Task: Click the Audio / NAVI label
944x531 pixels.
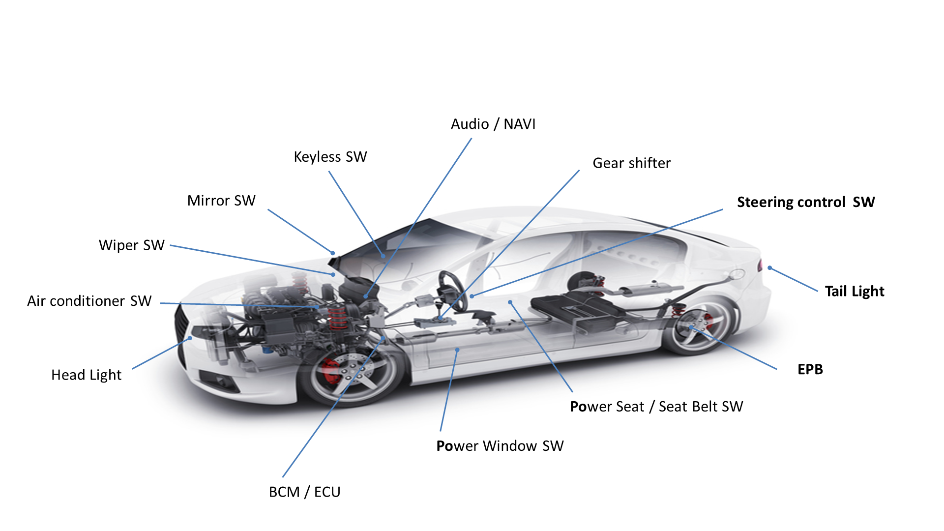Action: pos(493,124)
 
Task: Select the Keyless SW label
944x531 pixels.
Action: pos(330,157)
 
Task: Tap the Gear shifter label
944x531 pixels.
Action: pos(632,163)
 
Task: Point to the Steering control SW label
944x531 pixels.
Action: pos(806,202)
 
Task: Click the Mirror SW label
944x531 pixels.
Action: pos(221,201)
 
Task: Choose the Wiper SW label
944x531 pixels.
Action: pos(132,245)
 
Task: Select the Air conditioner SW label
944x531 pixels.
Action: pos(89,301)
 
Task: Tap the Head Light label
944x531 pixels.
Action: pos(87,375)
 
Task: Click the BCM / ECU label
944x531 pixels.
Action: pos(305,492)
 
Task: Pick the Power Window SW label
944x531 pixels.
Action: pos(500,446)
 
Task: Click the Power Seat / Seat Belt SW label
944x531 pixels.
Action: pos(656,407)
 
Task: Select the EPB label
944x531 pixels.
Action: pos(810,369)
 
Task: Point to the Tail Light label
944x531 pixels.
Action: pos(855,292)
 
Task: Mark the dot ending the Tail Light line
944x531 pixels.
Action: pos(770,268)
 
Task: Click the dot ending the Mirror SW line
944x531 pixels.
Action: pos(333,253)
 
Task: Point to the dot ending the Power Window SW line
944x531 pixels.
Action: pos(457,350)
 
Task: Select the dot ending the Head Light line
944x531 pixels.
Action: pos(190,338)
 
